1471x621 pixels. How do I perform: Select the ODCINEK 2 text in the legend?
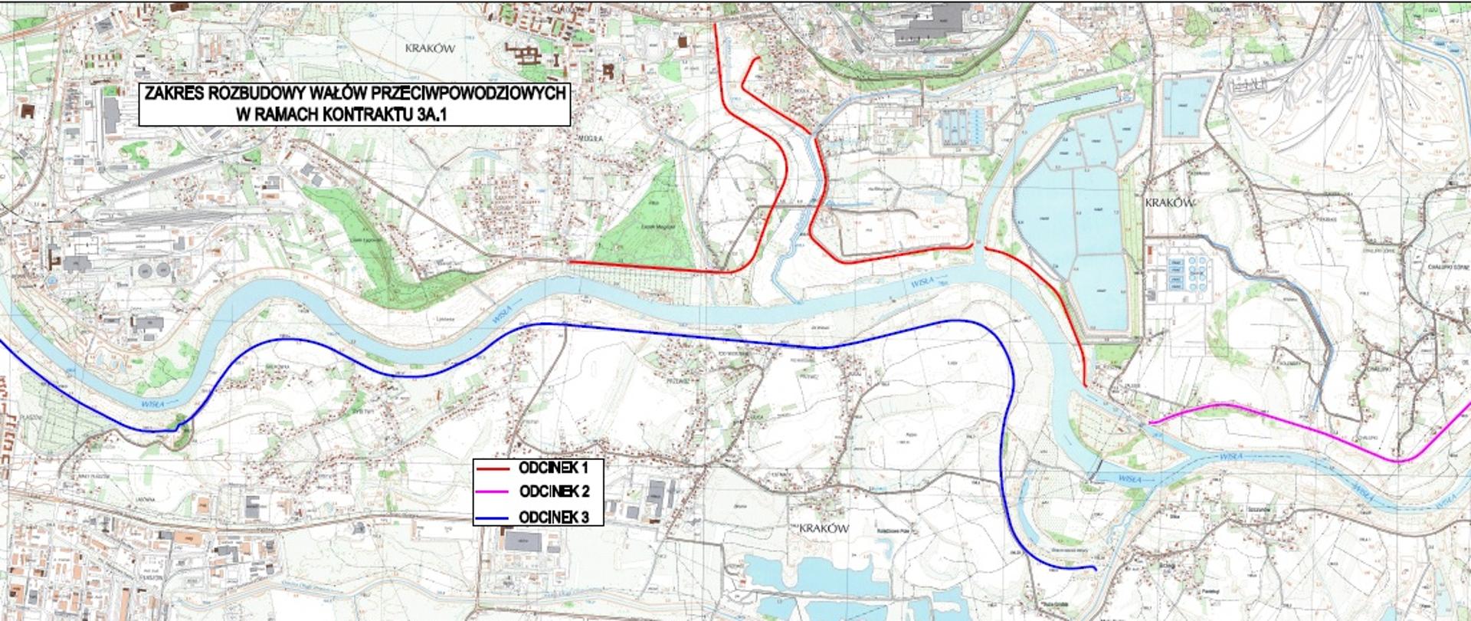[553, 492]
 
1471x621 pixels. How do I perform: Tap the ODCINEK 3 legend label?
[553, 517]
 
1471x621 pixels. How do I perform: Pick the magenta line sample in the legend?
[492, 492]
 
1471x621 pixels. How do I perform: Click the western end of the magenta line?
[1148, 423]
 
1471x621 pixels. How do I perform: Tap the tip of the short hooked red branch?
[758, 58]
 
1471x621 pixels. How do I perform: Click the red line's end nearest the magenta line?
[1086, 384]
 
